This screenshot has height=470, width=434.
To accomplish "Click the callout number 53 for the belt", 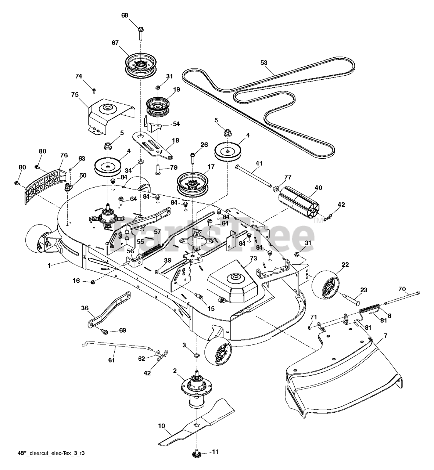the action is pyautogui.click(x=263, y=63).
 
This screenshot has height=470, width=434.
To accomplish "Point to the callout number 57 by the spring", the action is pyautogui.click(x=158, y=232).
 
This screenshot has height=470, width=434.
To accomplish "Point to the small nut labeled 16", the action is pyautogui.click(x=93, y=282).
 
